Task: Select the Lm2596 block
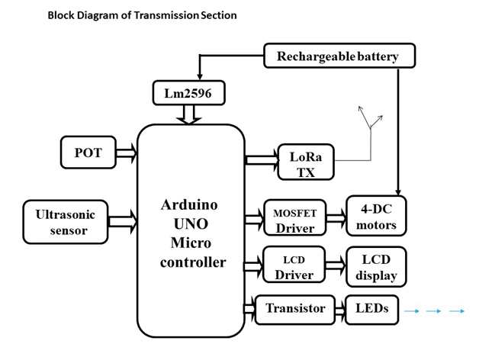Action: click(188, 93)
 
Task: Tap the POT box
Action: click(88, 153)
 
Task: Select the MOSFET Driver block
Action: click(294, 218)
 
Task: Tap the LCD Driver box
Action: click(294, 264)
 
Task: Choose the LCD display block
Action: click(375, 264)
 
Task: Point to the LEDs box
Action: click(371, 309)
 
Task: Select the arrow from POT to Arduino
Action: click(126, 153)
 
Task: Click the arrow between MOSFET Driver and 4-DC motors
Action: click(336, 219)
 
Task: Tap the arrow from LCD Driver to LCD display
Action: click(336, 265)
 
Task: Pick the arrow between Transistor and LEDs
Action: click(339, 310)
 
